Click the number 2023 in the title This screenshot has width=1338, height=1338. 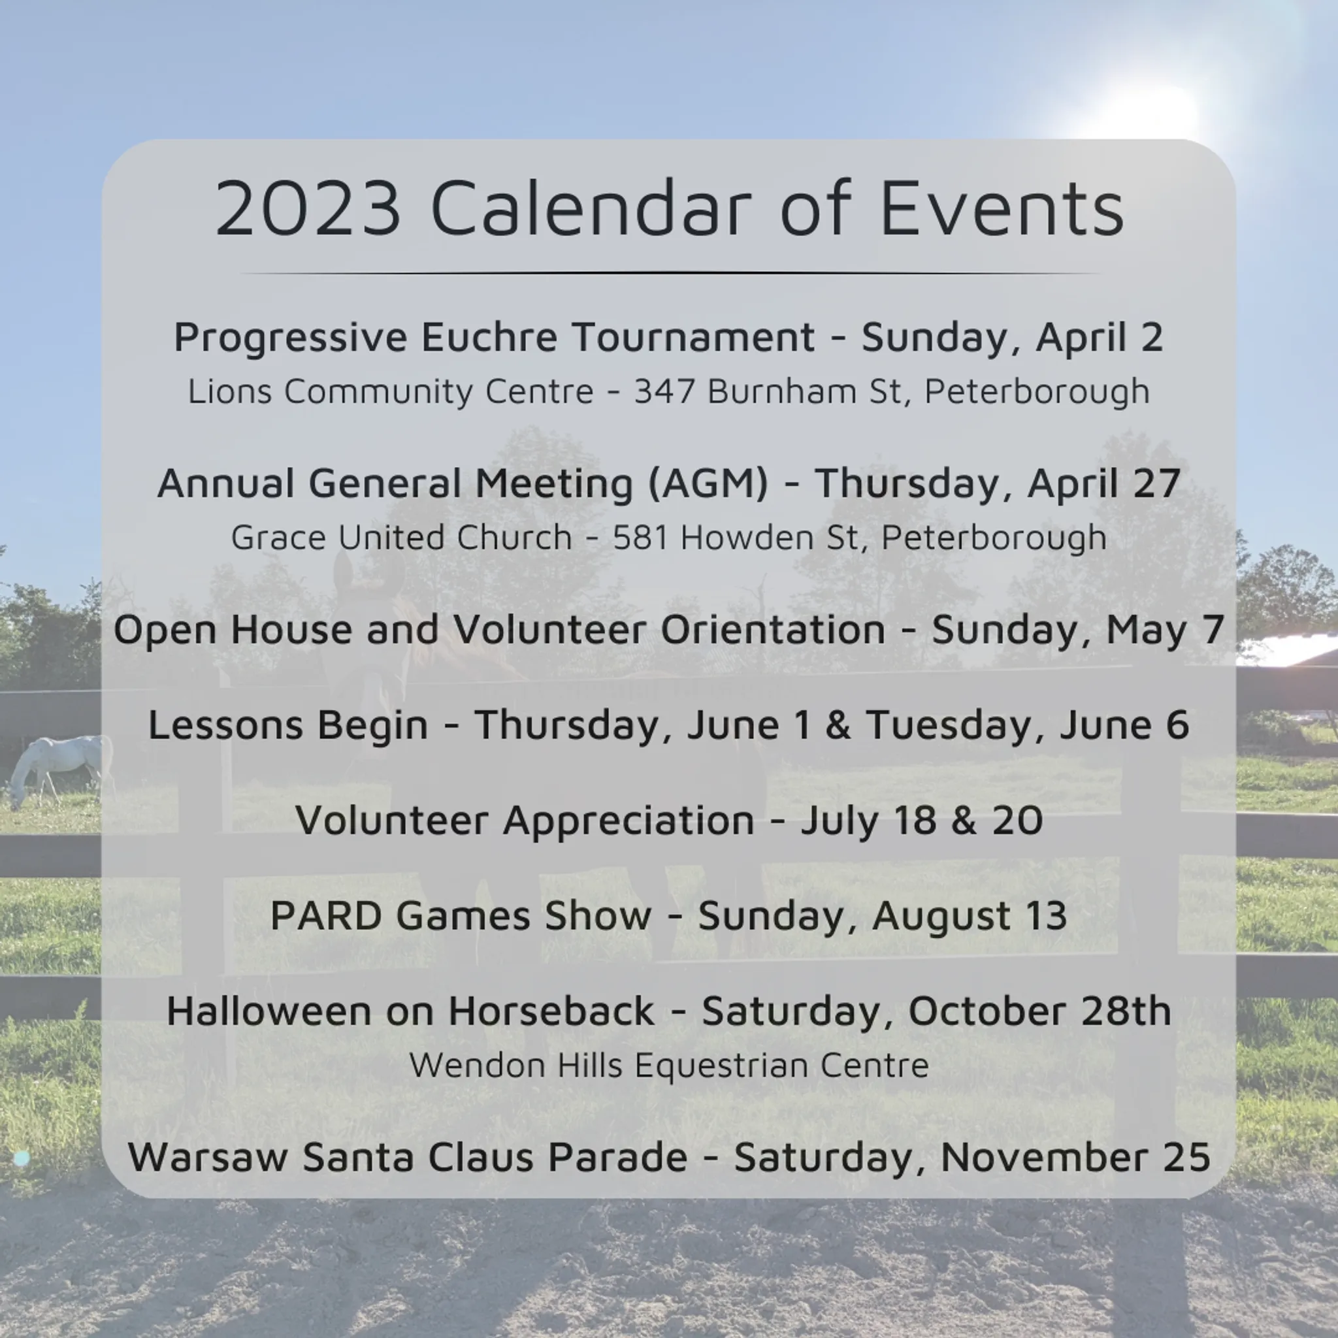pos(308,208)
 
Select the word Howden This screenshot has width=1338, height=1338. pos(745,537)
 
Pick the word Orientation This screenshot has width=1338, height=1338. pos(773,630)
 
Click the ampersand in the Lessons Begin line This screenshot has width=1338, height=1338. pos(838,725)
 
